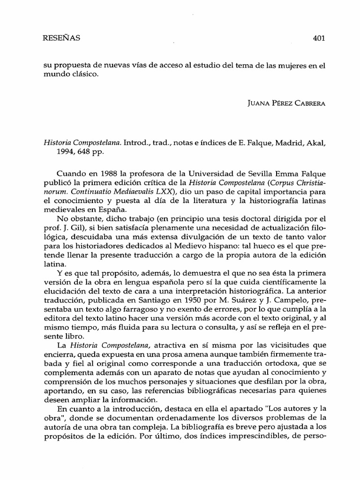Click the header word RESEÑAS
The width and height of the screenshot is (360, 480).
[61, 38]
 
